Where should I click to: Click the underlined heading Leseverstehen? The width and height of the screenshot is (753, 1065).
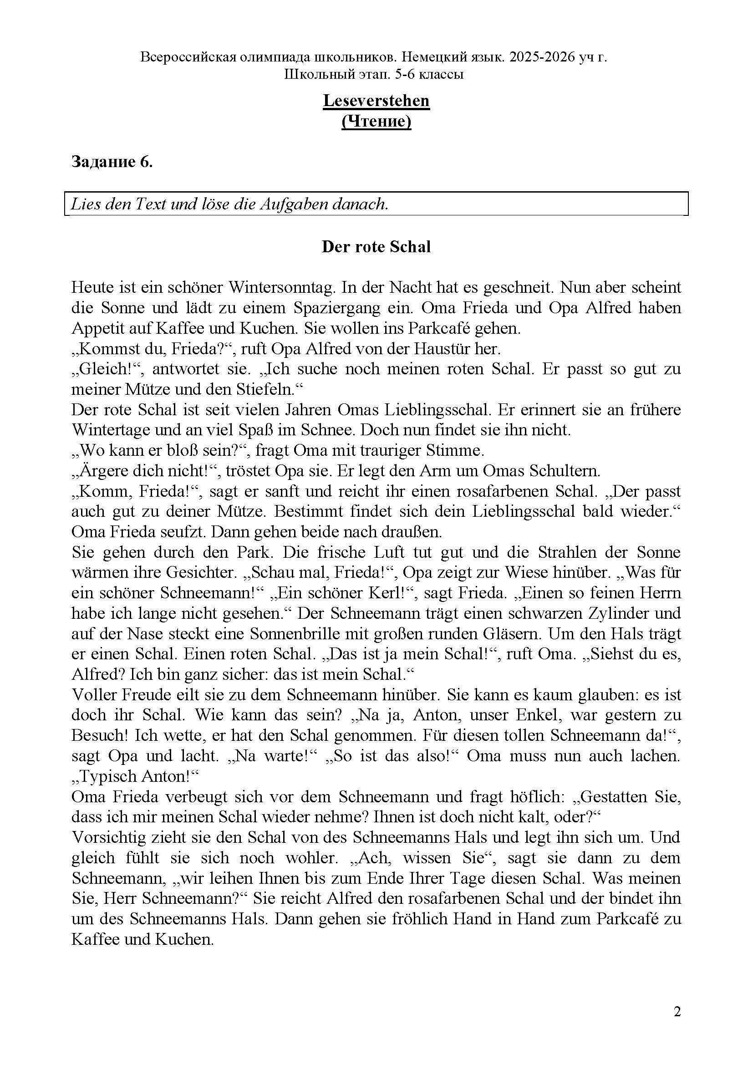(376, 101)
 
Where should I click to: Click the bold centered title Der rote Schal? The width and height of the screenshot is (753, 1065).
(376, 247)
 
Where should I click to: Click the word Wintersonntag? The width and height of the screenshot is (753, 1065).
(281, 288)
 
